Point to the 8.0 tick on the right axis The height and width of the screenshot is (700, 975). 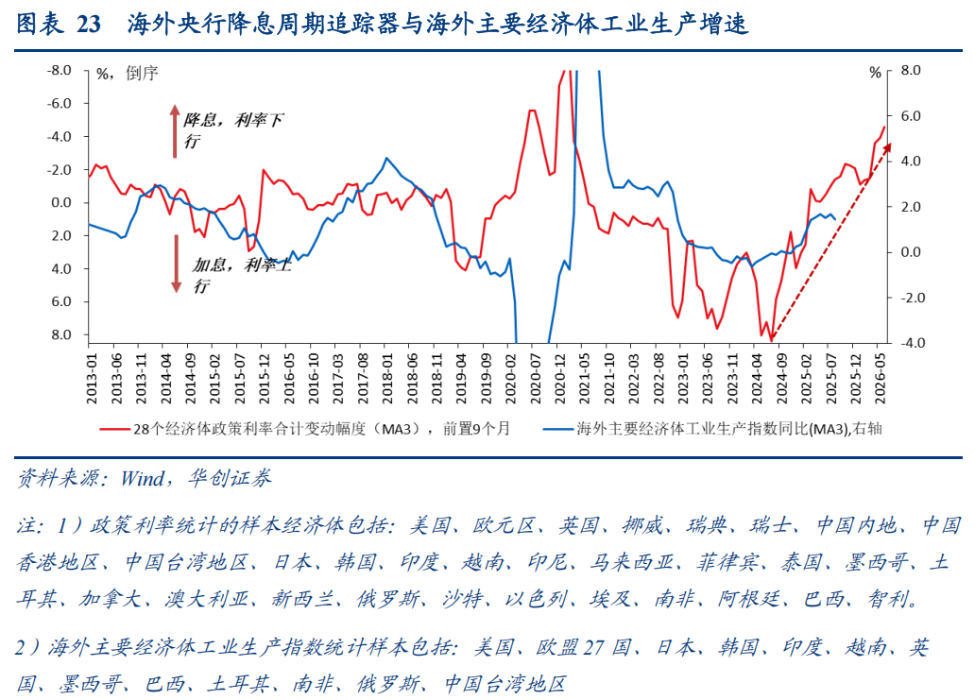911,70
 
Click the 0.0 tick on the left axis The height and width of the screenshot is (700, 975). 61,202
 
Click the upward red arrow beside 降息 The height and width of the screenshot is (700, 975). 175,130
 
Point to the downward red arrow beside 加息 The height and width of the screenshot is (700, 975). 176,264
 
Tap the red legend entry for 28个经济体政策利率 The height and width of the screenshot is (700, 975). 313,428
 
